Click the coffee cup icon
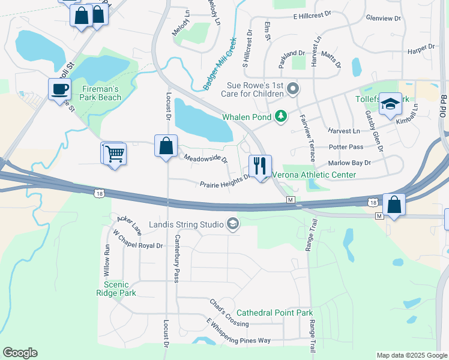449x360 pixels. [59, 89]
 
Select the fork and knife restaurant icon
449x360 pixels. [260, 166]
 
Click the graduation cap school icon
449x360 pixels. [390, 104]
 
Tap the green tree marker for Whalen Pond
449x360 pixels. [280, 116]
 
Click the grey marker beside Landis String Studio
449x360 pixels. [232, 225]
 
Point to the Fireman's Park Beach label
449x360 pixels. [101, 93]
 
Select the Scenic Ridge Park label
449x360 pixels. [116, 289]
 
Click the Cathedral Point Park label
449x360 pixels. [274, 313]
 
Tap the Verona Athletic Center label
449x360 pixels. [314, 175]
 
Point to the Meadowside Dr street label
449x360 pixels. [206, 159]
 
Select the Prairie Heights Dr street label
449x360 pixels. [225, 180]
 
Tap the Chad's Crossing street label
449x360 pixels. [229, 313]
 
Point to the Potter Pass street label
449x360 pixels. [346, 147]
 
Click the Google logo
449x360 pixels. [20, 353]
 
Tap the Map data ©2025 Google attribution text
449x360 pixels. [411, 355]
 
